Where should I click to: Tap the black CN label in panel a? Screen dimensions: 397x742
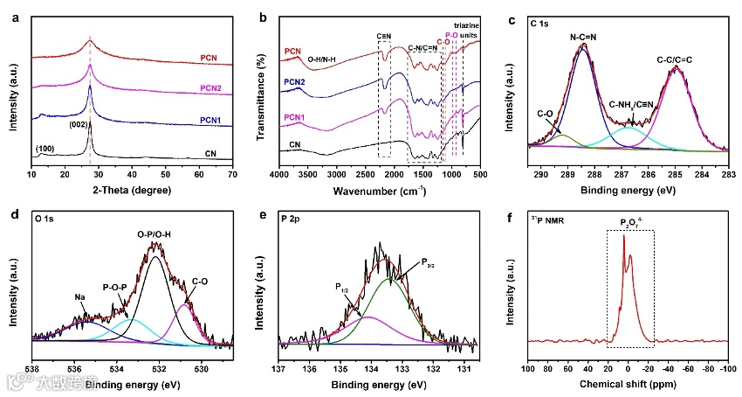point(210,153)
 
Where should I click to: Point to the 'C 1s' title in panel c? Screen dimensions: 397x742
point(542,18)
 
